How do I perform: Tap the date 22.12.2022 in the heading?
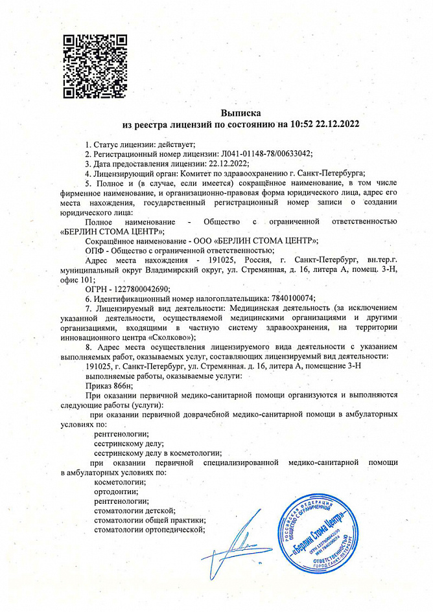click(x=336, y=123)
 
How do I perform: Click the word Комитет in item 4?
click(x=195, y=173)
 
